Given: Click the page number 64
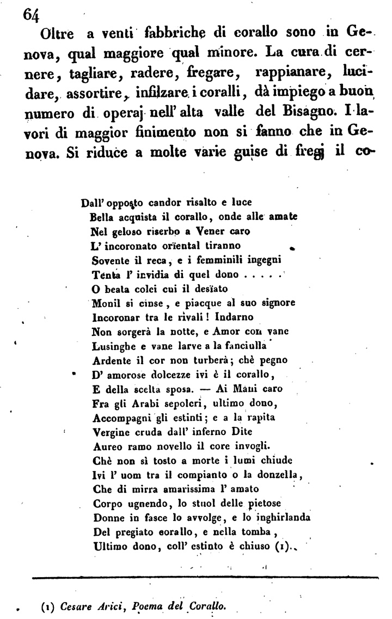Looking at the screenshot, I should point(31,15).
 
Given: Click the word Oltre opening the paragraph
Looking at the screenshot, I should point(58,34).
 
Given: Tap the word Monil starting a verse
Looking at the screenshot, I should point(105,302).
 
